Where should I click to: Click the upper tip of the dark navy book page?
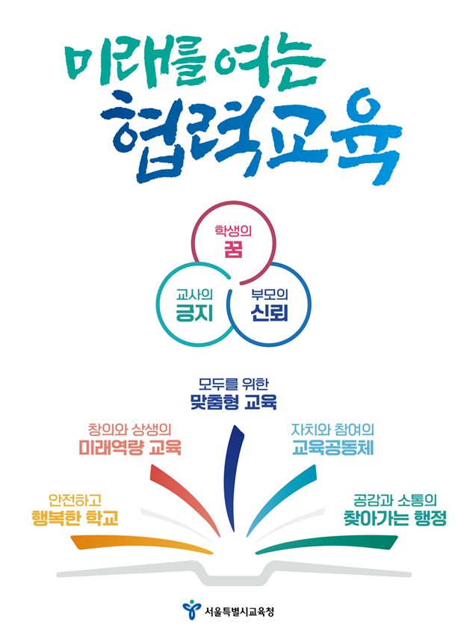235,426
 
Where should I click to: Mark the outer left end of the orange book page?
71,538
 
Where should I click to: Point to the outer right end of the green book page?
398,538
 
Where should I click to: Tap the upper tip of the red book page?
152,466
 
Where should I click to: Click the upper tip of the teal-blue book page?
315,466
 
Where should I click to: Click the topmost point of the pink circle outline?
233,202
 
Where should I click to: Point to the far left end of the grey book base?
58,574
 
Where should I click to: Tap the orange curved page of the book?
142,545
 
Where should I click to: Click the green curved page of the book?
327,545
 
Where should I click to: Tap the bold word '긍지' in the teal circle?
194,313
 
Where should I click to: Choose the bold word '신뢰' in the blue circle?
269,313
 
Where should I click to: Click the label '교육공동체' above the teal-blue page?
333,448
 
